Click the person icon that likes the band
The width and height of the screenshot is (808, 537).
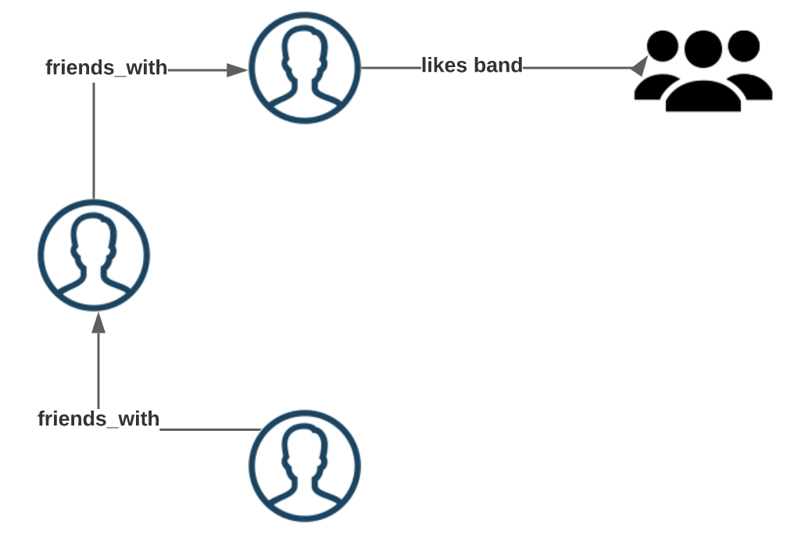[x=305, y=68]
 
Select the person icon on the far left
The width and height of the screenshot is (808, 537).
[x=94, y=255]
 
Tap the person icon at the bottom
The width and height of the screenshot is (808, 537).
[x=305, y=466]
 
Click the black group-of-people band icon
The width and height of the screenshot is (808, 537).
[x=703, y=70]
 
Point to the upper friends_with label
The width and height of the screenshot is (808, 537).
[x=106, y=68]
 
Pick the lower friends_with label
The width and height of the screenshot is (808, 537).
[x=98, y=419]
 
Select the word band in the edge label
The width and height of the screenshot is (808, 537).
[x=498, y=66]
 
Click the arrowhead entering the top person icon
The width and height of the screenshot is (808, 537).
[x=237, y=70]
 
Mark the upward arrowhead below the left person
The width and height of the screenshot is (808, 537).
[x=98, y=322]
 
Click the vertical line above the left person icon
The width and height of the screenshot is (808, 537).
[x=94, y=140]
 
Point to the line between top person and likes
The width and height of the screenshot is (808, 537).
[x=391, y=68]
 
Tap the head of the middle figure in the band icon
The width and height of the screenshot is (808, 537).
[x=703, y=49]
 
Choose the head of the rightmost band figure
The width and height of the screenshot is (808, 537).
[x=743, y=45]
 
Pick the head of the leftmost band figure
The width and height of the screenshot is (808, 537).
[x=663, y=45]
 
